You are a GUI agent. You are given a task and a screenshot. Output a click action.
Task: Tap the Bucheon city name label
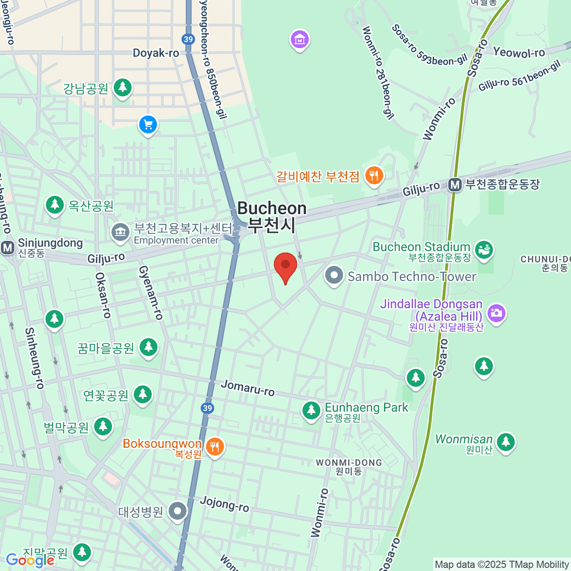tap(272, 217)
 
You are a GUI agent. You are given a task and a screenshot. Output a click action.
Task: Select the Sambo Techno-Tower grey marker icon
tap(334, 276)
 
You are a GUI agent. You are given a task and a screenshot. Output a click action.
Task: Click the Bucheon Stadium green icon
tap(484, 250)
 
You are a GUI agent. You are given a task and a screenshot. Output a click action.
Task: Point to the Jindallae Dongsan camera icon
tap(496, 313)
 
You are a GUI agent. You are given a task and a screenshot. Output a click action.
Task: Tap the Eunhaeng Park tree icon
tap(311, 410)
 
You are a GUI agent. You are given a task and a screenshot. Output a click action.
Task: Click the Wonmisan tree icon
tap(505, 442)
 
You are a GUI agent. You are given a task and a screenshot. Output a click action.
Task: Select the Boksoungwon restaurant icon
tap(215, 447)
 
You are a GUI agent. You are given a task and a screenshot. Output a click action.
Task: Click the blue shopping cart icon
tap(148, 125)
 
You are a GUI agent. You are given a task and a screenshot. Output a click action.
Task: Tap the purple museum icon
tap(300, 40)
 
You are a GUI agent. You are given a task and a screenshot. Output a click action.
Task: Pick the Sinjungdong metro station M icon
tap(7, 247)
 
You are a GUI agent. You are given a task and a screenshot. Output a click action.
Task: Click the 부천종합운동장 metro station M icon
tap(455, 185)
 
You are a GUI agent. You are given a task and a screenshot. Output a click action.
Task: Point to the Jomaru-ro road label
tap(248, 388)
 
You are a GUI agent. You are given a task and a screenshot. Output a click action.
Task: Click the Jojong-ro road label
tap(224, 503)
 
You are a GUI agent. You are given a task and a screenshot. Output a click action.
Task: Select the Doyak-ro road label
tap(156, 53)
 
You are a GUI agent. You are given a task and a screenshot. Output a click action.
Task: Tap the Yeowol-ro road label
tap(519, 52)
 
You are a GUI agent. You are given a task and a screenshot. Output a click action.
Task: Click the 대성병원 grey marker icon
tap(178, 511)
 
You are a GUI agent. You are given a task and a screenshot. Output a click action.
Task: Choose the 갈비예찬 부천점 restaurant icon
tap(374, 176)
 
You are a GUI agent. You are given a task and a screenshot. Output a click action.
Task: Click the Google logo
tap(30, 561)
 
